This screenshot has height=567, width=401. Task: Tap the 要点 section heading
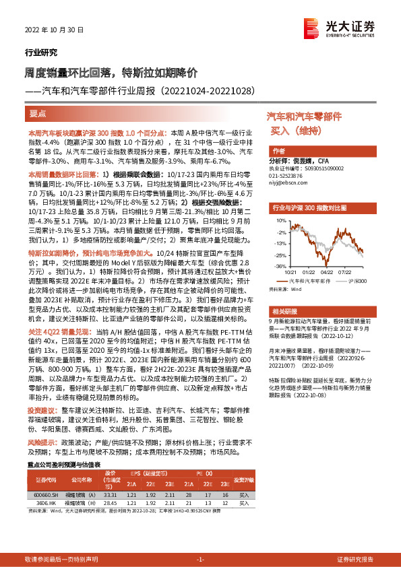click(x=39, y=114)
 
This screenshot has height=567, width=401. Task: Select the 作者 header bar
click(x=279, y=150)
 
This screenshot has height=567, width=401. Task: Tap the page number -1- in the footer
click(x=200, y=560)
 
